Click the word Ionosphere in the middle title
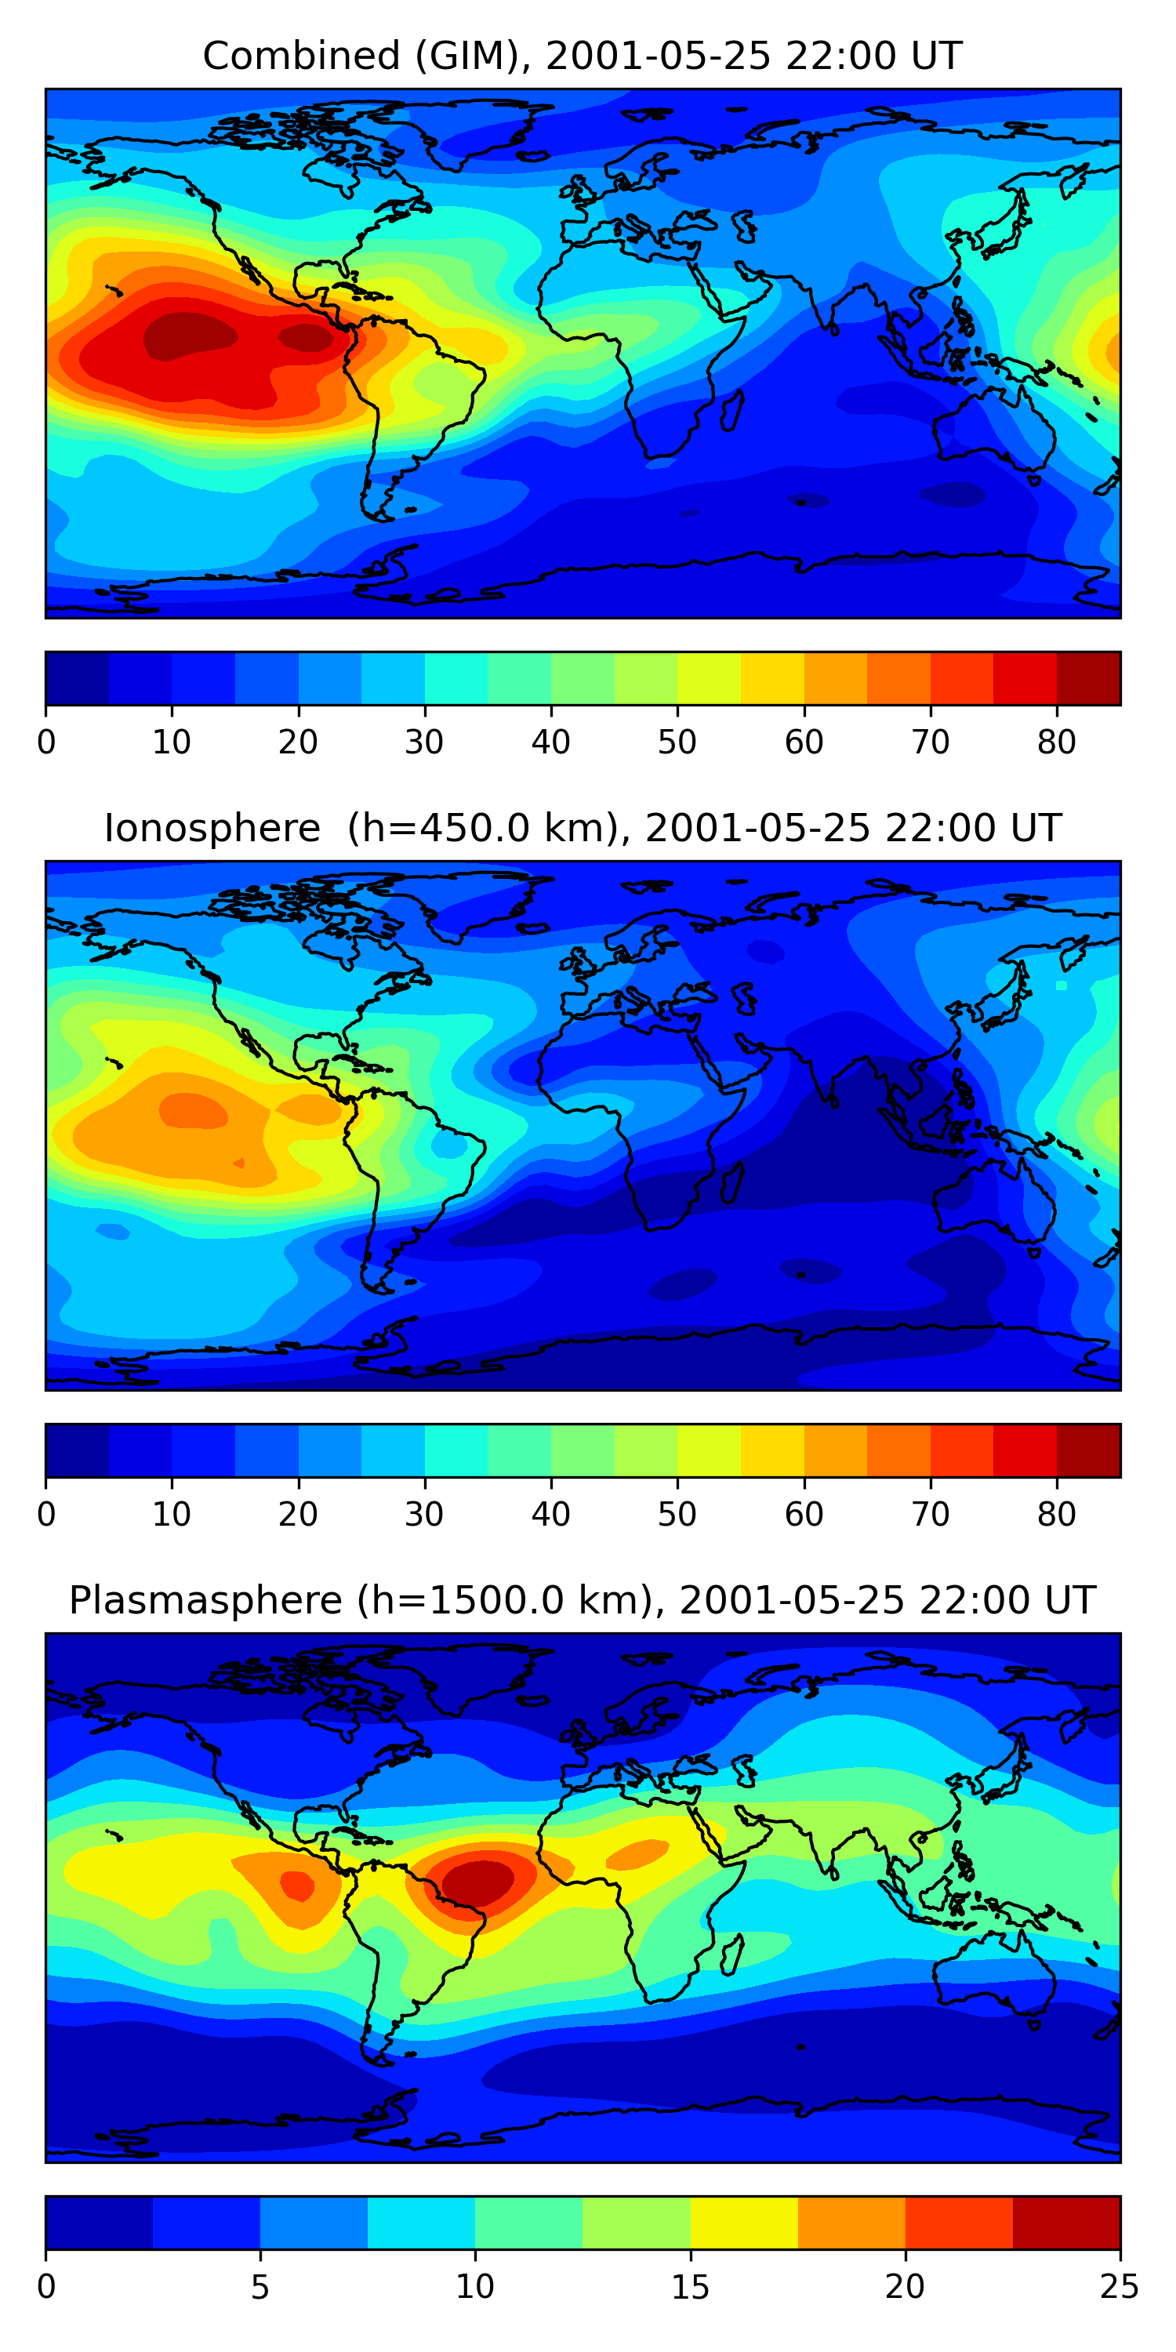pos(212,828)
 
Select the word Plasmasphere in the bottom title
pos(205,1601)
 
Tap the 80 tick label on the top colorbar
pos(1056,742)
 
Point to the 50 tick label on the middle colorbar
pos(677,1514)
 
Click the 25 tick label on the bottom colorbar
pos(1120,2286)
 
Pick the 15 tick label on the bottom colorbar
pos(690,2286)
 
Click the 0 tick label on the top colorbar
pos(46,742)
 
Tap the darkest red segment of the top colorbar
pos(1088,678)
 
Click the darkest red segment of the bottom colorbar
pos(1066,2223)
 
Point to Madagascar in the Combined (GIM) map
pos(731,411)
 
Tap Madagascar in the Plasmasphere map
pos(731,1954)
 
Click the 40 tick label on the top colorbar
pos(550,742)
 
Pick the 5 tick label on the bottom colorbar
pos(260,2286)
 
